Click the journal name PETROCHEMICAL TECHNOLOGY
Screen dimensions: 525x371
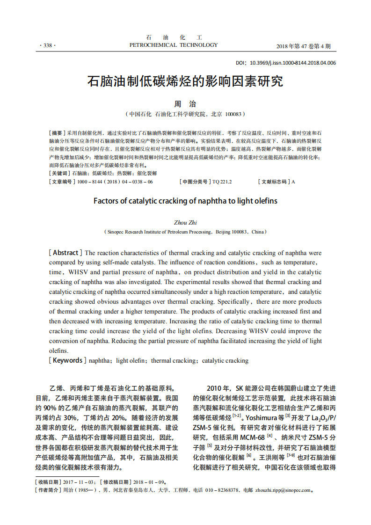tap(173, 45)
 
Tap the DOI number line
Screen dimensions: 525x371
tap(285, 63)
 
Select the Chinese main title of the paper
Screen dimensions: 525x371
tap(185, 81)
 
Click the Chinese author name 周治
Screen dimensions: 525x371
tap(185, 104)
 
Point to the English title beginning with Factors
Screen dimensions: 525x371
tap(185, 201)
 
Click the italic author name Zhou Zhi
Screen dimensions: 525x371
tap(185, 223)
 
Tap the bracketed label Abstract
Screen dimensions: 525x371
tap(65, 253)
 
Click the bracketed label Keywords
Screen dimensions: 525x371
tap(67, 360)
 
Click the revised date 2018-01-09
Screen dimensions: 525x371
tap(147, 482)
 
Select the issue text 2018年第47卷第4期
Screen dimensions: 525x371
tap(304, 46)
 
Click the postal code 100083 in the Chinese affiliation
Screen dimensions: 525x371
tap(233, 114)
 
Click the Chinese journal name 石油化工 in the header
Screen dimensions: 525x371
tap(173, 37)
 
